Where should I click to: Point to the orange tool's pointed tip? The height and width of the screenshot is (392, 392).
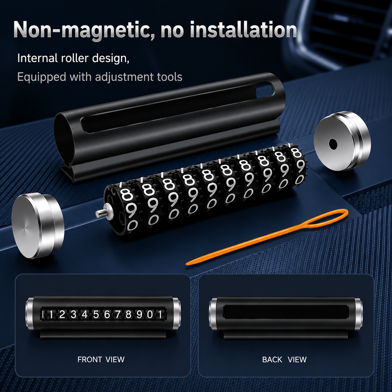(188, 264)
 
